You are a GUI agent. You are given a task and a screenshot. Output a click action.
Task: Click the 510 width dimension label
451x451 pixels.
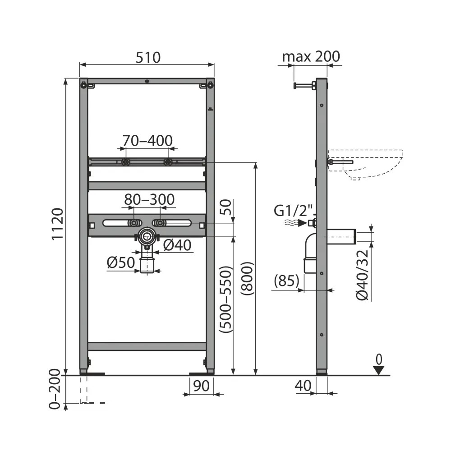click(x=148, y=57)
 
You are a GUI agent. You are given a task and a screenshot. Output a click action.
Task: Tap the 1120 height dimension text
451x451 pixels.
click(x=57, y=224)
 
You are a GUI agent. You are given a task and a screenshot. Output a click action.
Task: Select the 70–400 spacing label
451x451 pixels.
click(x=147, y=141)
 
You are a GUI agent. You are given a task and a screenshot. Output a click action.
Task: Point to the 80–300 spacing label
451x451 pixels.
click(x=149, y=199)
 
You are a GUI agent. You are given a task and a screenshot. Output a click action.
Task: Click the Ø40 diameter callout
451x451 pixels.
click(x=177, y=245)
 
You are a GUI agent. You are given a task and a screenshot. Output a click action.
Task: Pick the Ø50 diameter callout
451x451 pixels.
click(x=121, y=262)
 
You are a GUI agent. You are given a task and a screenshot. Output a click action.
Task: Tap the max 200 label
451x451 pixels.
click(x=311, y=56)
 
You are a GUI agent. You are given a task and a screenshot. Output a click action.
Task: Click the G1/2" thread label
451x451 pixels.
click(x=294, y=211)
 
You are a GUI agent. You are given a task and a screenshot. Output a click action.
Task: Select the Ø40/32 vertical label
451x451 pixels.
click(x=362, y=275)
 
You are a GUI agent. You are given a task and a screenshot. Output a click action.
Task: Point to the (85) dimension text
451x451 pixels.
click(x=286, y=281)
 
